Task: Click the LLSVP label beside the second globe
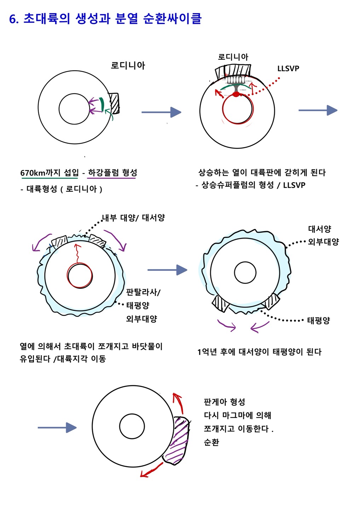pyautogui.click(x=288, y=69)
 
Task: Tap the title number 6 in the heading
pyautogui.click(x=13, y=19)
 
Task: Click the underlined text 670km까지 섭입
pyautogui.click(x=49, y=173)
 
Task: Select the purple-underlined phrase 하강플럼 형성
pyautogui.click(x=112, y=173)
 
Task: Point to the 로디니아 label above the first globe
pyautogui.click(x=128, y=65)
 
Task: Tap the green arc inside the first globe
pyautogui.click(x=102, y=104)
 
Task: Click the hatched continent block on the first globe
pyautogui.click(x=114, y=103)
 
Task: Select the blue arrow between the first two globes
pyautogui.click(x=161, y=112)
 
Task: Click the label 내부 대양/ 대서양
pyautogui.click(x=133, y=218)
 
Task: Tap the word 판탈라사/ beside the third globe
pyautogui.click(x=143, y=292)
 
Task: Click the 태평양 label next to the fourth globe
pyautogui.click(x=318, y=321)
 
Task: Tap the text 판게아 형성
pyautogui.click(x=224, y=402)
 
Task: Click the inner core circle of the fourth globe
pyautogui.click(x=245, y=273)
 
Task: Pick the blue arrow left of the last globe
pyautogui.click(x=57, y=428)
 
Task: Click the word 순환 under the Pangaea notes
pyautogui.click(x=211, y=442)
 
